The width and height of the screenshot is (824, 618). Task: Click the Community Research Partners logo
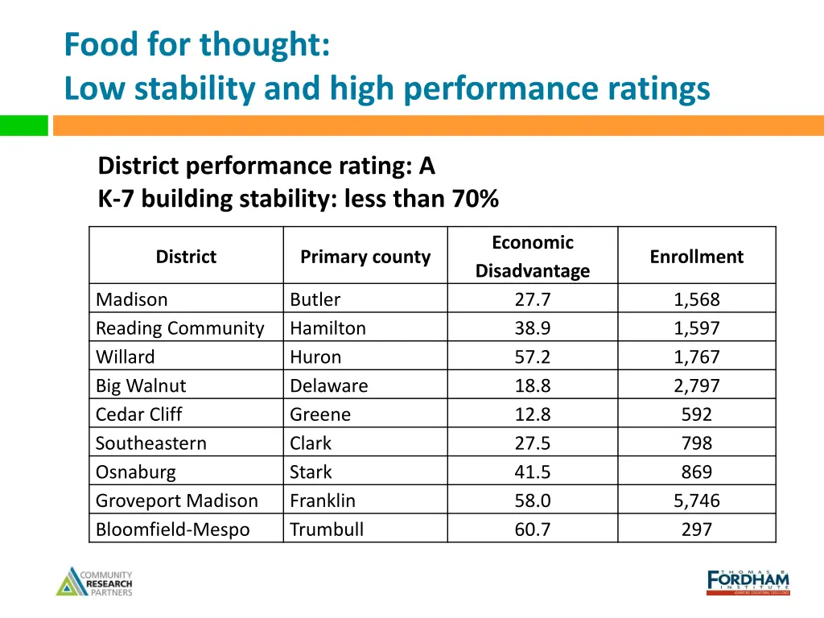[x=94, y=582]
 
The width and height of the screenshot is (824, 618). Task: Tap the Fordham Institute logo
[x=748, y=581]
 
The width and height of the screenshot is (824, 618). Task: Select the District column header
[x=186, y=257]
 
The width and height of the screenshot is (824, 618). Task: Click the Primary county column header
[x=365, y=257]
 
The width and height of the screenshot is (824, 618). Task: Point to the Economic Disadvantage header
[x=532, y=257]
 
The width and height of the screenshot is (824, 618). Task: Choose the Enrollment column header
[x=696, y=257]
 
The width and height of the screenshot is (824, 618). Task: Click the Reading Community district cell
[x=179, y=328]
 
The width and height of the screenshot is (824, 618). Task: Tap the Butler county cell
[x=315, y=299]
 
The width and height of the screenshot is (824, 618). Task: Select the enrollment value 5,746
[x=696, y=501]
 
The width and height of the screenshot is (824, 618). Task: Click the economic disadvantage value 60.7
[x=532, y=529]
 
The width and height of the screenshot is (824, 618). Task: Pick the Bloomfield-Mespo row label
[x=172, y=529]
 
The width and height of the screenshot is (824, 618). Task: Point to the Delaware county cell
[x=328, y=385]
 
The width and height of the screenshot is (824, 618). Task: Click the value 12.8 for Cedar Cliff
[x=532, y=414]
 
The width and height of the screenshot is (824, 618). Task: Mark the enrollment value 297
[x=696, y=529]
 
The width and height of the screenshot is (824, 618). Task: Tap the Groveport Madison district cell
[x=176, y=501]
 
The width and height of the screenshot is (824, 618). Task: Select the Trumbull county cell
[x=326, y=529]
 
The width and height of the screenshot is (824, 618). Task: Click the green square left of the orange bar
[x=23, y=126]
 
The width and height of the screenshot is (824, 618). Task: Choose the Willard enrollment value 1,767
[x=696, y=357]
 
